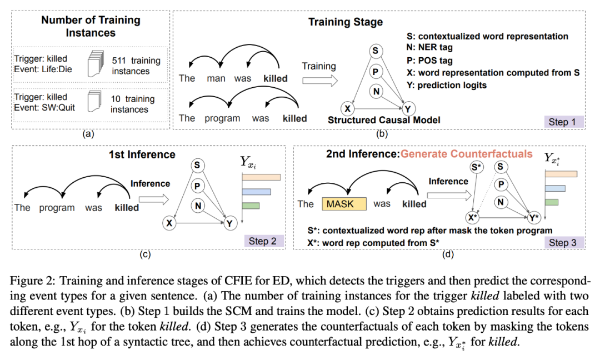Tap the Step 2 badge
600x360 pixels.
pos(263,241)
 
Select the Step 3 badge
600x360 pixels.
pos(566,243)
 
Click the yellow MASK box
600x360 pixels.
pos(344,204)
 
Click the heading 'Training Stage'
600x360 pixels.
pos(346,23)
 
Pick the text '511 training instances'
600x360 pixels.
pos(136,66)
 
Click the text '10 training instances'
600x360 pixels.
pos(132,104)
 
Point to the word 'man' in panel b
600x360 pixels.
pos(216,78)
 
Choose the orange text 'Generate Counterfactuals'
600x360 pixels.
pos(467,154)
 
